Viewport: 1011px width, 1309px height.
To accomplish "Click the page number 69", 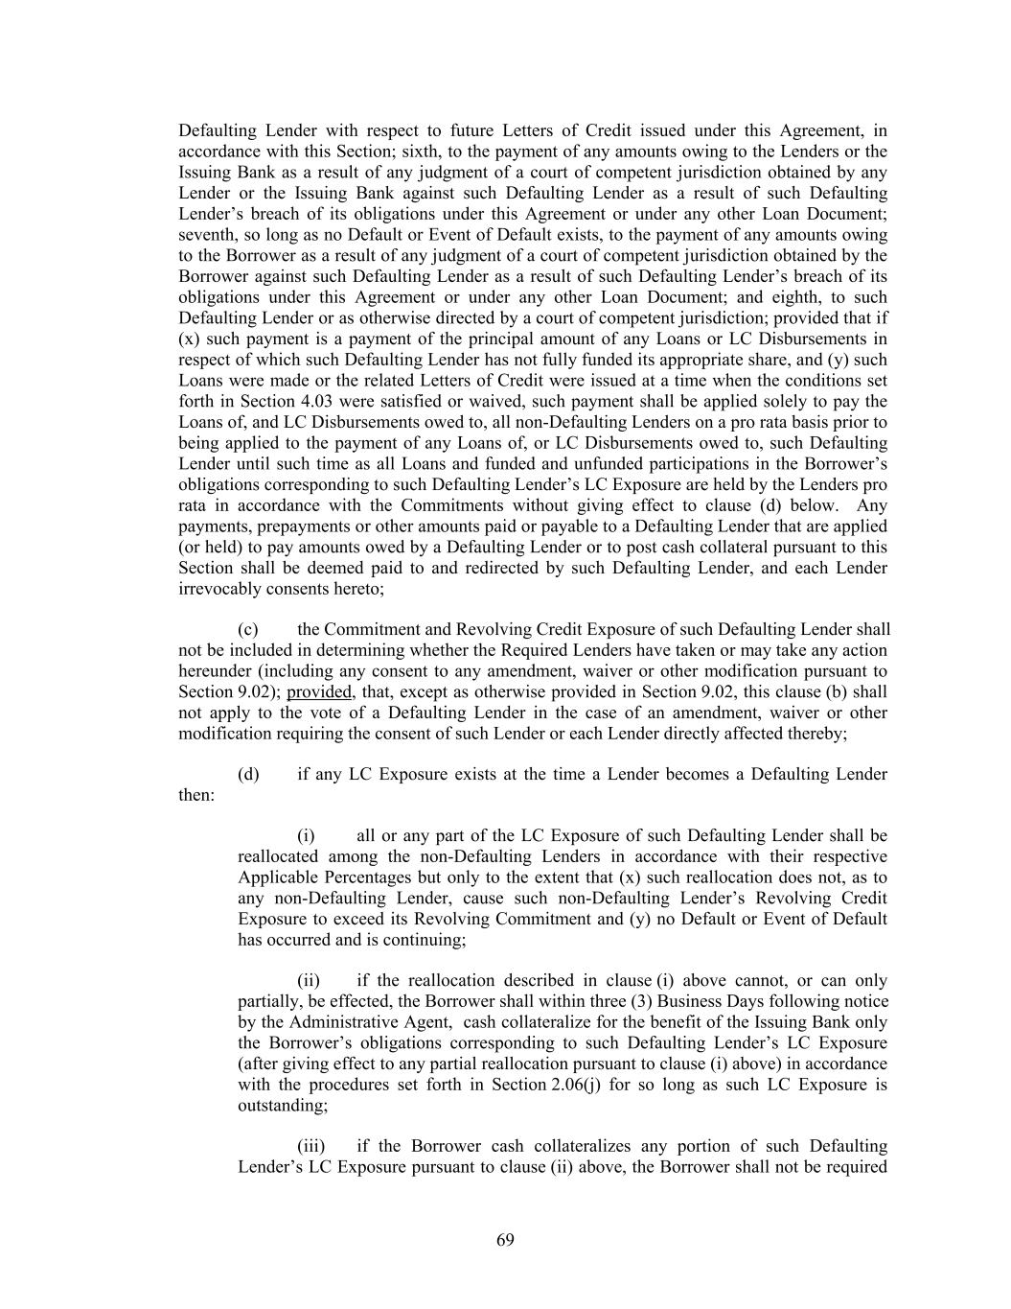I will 505,1240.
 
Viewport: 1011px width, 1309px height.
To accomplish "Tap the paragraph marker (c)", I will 248,629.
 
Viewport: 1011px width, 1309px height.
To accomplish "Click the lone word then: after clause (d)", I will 196,794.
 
